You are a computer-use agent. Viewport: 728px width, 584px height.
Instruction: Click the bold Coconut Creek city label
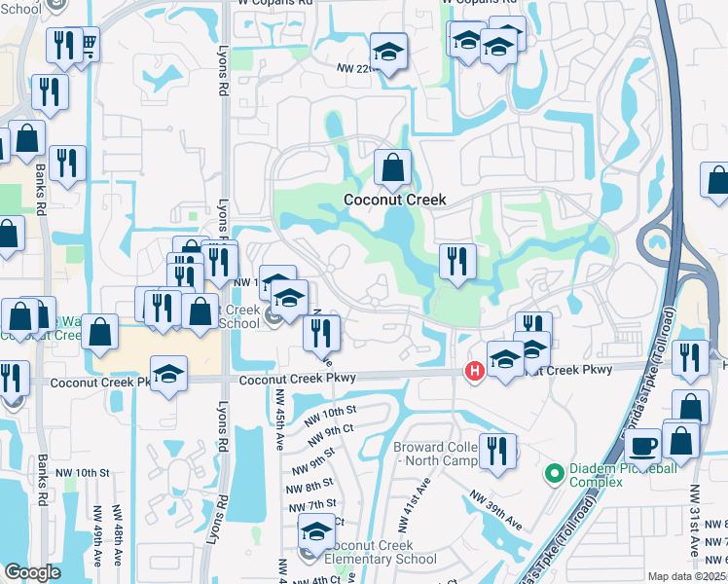click(394, 200)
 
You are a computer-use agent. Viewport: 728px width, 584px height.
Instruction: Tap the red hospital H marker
click(475, 371)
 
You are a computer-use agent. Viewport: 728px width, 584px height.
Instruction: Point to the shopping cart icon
click(88, 44)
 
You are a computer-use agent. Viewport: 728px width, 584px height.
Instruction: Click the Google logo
click(32, 572)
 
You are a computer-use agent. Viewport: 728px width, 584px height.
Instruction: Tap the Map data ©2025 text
click(687, 576)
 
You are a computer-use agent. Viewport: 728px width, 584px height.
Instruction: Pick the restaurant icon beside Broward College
click(497, 450)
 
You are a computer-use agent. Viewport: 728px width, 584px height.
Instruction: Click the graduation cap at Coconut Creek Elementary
click(316, 530)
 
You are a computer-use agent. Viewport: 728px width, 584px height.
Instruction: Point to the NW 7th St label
click(312, 505)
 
